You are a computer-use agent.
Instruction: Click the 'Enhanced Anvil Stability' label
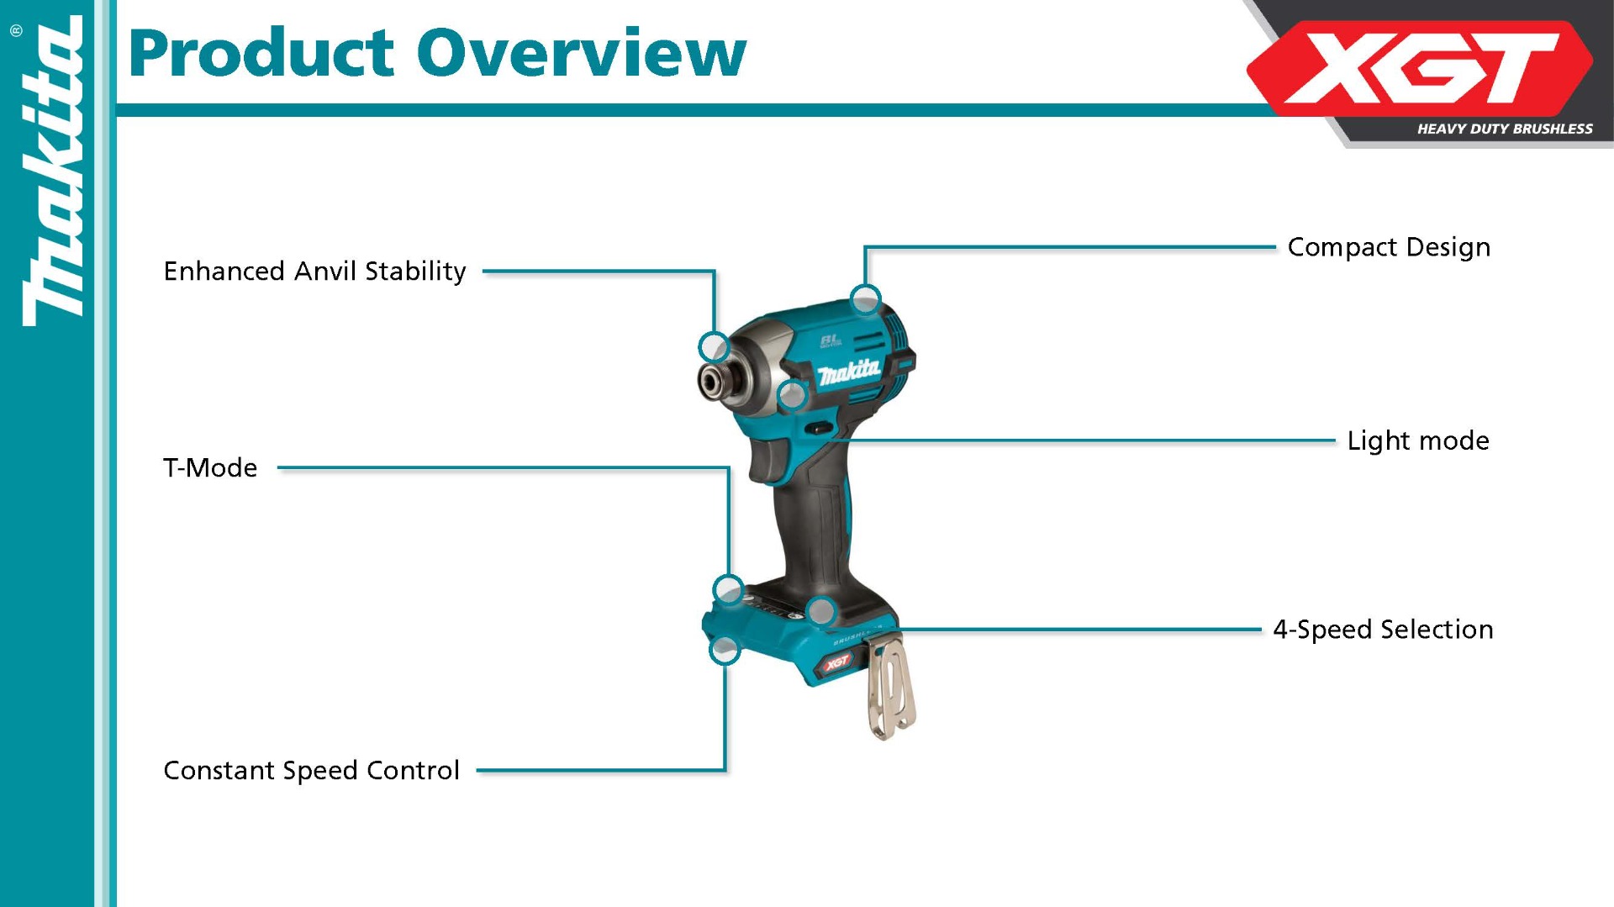pos(314,272)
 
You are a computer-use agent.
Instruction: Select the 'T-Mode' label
pos(210,467)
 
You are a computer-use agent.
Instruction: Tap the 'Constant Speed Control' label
pos(311,770)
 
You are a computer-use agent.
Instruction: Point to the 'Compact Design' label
pos(1389,247)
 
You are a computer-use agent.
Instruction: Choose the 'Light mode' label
pos(1418,440)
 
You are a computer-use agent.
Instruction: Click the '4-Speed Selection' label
pos(1383,630)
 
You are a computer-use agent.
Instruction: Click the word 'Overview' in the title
pos(582,53)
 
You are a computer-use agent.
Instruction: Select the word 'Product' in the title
pos(261,53)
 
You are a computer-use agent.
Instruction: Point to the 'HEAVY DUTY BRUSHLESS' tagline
pos(1505,129)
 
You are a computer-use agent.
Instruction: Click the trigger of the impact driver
pos(768,461)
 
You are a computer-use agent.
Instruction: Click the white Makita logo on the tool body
pos(849,371)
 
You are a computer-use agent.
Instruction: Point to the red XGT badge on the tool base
pos(836,664)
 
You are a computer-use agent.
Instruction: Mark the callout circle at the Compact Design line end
pos(865,298)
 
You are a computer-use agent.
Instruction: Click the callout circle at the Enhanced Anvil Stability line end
pos(714,346)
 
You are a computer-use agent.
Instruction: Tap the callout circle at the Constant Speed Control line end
pos(725,650)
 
